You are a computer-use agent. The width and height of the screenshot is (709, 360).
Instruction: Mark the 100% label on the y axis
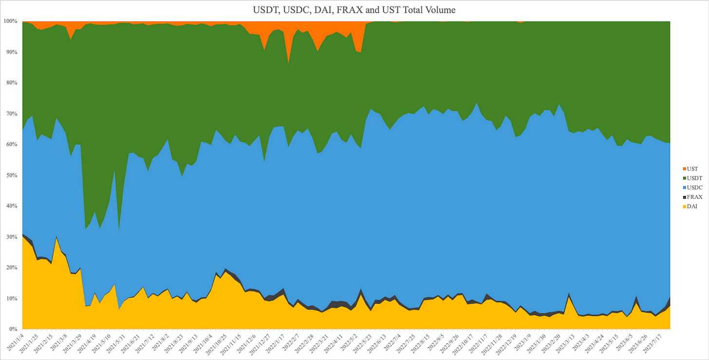click(x=10, y=21)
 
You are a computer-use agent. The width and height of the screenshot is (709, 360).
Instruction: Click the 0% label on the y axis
click(x=13, y=329)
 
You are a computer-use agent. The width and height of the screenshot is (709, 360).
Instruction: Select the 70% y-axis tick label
click(x=11, y=114)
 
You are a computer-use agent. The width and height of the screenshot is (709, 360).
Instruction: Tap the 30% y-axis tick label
click(x=11, y=237)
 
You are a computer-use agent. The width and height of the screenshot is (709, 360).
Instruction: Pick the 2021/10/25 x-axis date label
click(x=211, y=344)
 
